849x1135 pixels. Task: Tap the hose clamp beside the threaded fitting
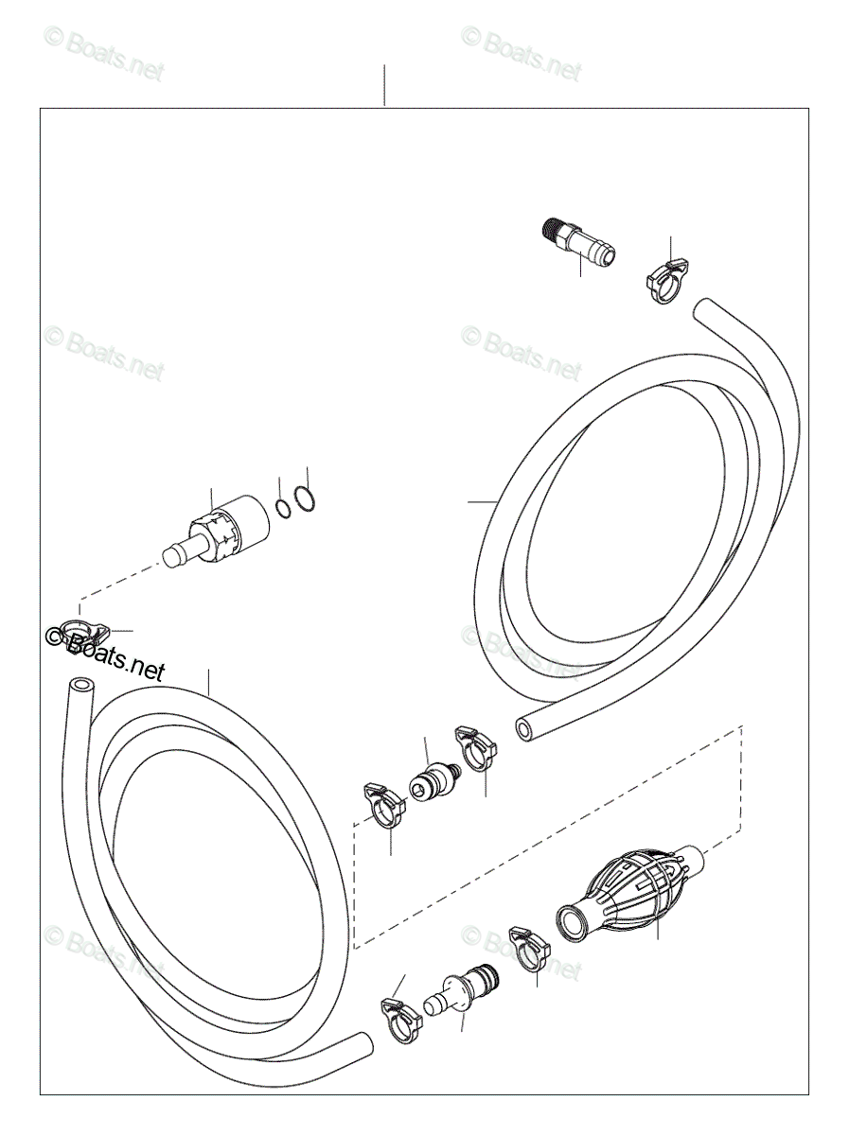(665, 280)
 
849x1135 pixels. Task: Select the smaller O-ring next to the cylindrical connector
(283, 509)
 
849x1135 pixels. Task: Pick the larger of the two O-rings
(303, 499)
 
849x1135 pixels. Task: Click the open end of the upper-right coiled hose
(525, 729)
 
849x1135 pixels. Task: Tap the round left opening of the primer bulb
(571, 920)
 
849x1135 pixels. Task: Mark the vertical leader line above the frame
(384, 85)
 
